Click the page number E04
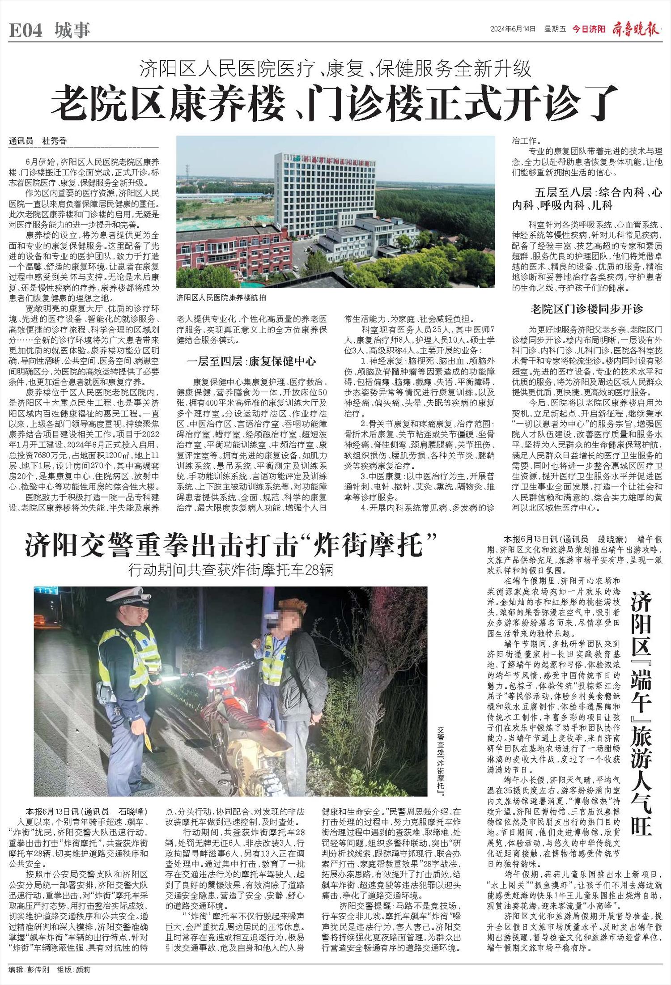click(x=25, y=30)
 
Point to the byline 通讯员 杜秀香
click(x=38, y=141)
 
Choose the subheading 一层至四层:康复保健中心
click(x=251, y=361)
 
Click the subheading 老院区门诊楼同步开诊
click(x=587, y=309)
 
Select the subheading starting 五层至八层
click(x=587, y=199)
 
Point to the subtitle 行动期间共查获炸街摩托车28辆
click(x=230, y=570)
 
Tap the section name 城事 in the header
click(x=72, y=30)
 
